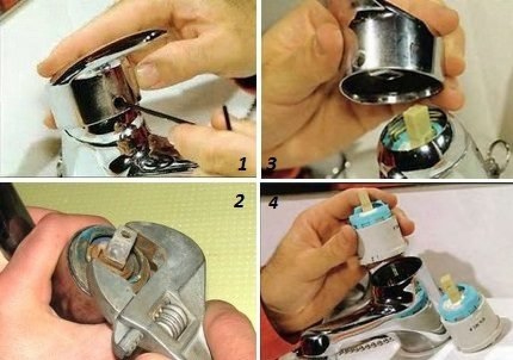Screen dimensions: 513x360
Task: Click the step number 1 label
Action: pos(242,165)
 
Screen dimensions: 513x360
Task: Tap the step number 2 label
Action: pos(239,201)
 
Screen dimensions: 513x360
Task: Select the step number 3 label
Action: pos(271,163)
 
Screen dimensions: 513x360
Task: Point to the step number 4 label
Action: pos(273,203)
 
